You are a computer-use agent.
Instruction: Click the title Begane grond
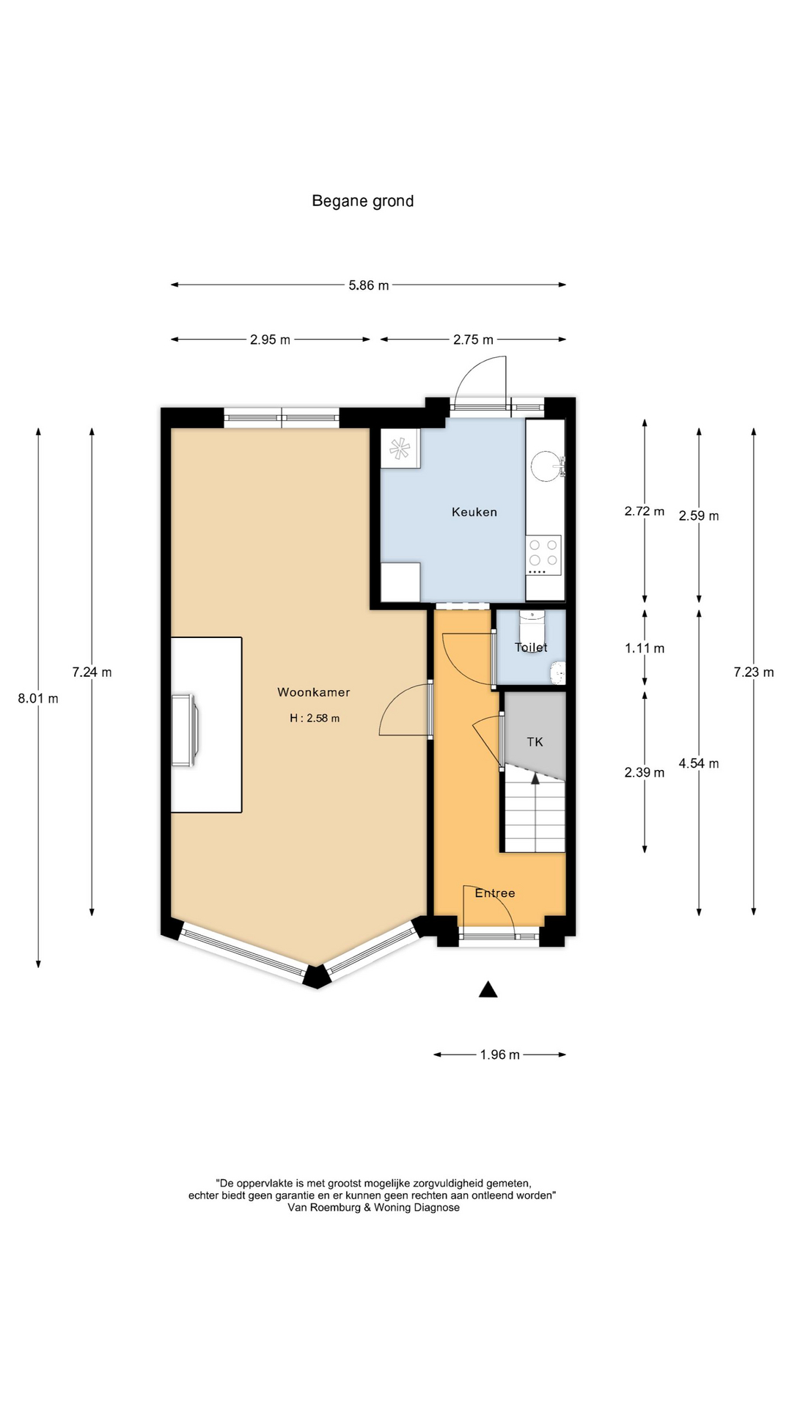pyautogui.click(x=362, y=201)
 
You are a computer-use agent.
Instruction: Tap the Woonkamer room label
pyautogui.click(x=313, y=692)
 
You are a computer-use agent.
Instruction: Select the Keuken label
pyautogui.click(x=474, y=512)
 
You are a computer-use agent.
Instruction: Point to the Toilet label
pyautogui.click(x=531, y=647)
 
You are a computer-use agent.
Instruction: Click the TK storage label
pyautogui.click(x=535, y=741)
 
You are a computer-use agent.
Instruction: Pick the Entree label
pyautogui.click(x=495, y=892)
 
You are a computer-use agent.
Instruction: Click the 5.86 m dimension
pyautogui.click(x=369, y=285)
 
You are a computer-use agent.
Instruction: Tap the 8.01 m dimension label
pyautogui.click(x=38, y=698)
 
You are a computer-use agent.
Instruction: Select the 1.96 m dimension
pyautogui.click(x=499, y=1055)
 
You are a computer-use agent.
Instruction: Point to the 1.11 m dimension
pyautogui.click(x=645, y=648)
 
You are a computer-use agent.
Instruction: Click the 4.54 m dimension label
pyautogui.click(x=699, y=763)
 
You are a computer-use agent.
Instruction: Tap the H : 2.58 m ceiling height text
pyautogui.click(x=315, y=719)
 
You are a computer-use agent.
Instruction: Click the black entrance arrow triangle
pyautogui.click(x=488, y=989)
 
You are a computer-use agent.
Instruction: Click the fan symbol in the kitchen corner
pyautogui.click(x=400, y=449)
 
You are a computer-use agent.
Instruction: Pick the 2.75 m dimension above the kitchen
pyautogui.click(x=473, y=340)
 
